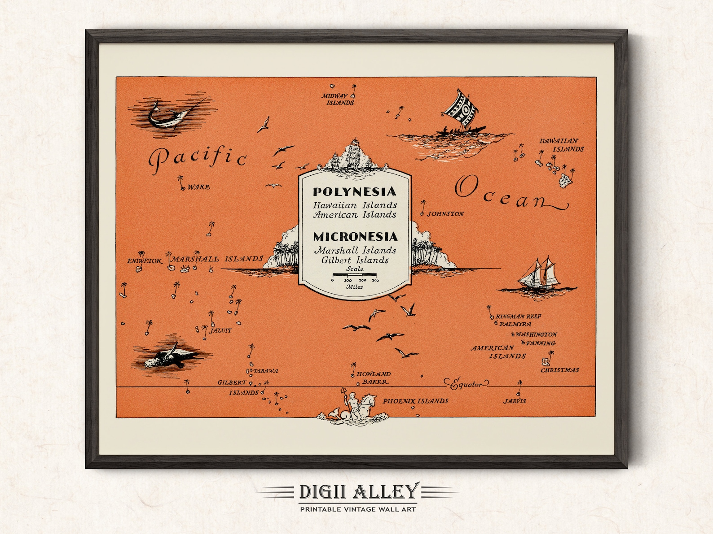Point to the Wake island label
[x=198, y=187]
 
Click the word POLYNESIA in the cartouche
[x=355, y=192]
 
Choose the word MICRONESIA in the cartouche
[x=355, y=236]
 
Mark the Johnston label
[x=445, y=214]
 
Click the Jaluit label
[x=220, y=330]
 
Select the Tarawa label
[x=266, y=371]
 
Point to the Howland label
[x=374, y=373]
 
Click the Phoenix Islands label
[x=415, y=401]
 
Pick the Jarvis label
[x=515, y=401]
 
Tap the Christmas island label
[x=559, y=370]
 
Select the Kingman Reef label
[x=519, y=316]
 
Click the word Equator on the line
[x=467, y=384]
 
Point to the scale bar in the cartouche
[x=355, y=275]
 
